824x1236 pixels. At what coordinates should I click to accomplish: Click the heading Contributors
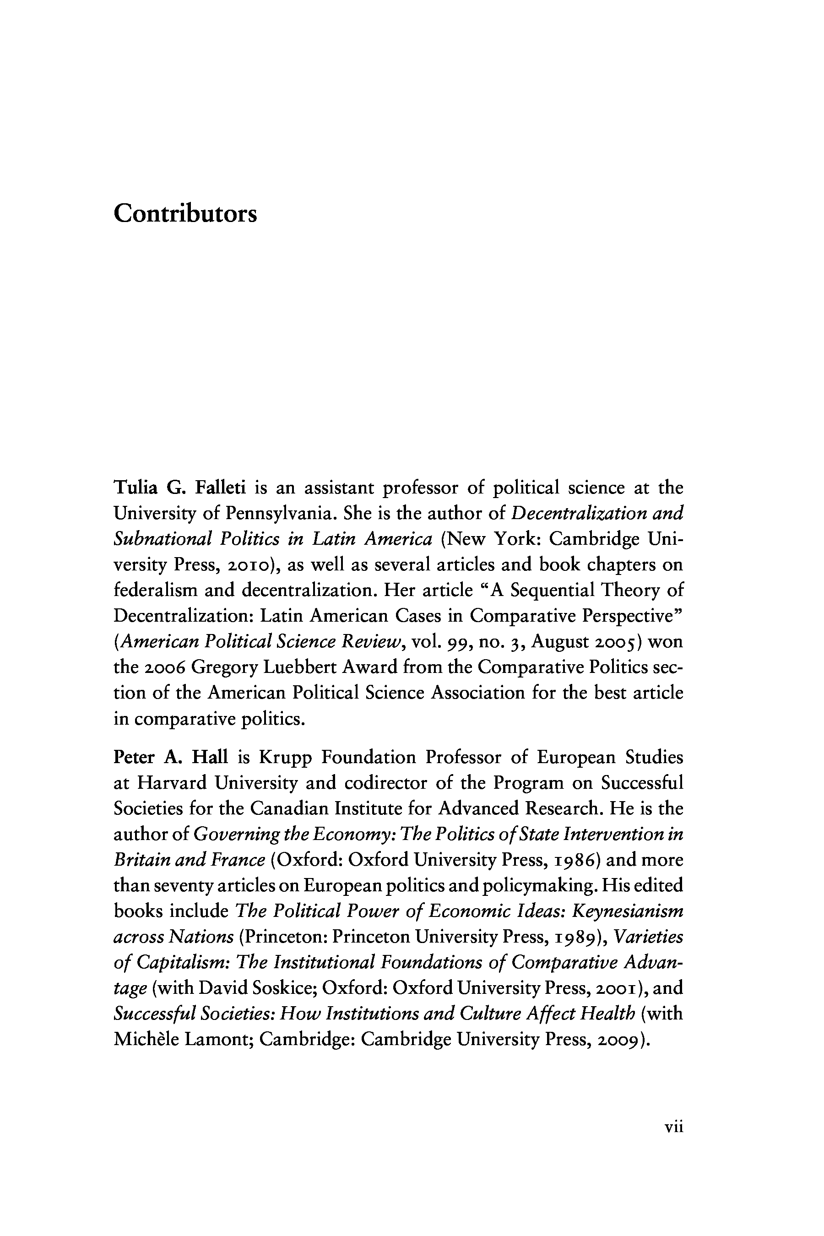[x=185, y=214]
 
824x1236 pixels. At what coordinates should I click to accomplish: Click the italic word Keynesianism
[x=628, y=912]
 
